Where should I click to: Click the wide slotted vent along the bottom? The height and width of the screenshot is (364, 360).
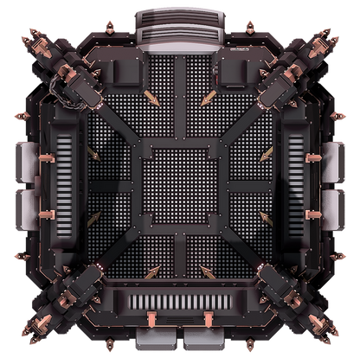(x=180, y=303)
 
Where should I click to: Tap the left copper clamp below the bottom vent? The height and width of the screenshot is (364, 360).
(x=151, y=321)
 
